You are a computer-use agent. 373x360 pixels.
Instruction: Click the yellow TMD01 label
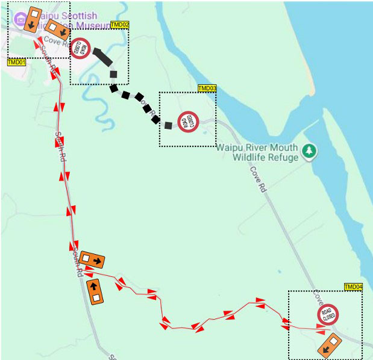(16, 62)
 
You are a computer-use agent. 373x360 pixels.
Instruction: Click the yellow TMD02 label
(120, 24)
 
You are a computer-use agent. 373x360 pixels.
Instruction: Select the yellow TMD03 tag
(207, 88)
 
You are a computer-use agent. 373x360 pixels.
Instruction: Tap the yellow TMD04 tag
(353, 287)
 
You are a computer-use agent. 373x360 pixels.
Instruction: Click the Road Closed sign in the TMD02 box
(81, 49)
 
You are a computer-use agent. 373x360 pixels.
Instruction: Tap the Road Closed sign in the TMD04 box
(328, 315)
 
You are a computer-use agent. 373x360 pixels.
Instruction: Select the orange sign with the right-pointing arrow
(92, 259)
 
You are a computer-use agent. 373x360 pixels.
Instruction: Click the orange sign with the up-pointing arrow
(95, 292)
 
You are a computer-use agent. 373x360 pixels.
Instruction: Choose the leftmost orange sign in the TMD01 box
(30, 20)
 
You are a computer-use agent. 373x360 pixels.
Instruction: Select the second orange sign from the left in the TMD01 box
(57, 29)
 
